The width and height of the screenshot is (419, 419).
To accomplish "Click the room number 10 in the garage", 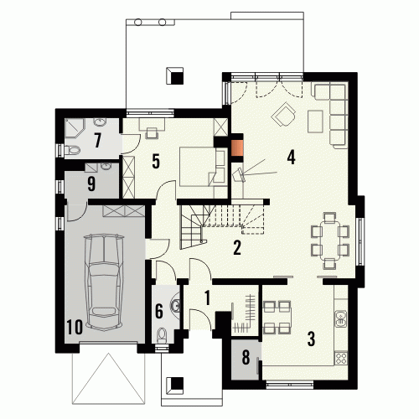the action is pyautogui.click(x=75, y=327).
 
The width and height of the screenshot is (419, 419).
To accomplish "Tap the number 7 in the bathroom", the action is pyautogui.click(x=97, y=140).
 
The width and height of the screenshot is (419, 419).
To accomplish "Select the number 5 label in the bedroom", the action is pyautogui.click(x=156, y=161).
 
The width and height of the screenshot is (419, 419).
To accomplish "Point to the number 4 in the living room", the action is pyautogui.click(x=291, y=157).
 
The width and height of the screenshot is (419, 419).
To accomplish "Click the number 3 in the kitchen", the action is pyautogui.click(x=311, y=339).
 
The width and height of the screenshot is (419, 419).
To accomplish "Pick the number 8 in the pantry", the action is pyautogui.click(x=246, y=357).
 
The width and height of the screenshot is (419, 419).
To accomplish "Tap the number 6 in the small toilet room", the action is pyautogui.click(x=159, y=311).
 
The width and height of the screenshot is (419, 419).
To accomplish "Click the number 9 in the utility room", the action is pyautogui.click(x=91, y=184).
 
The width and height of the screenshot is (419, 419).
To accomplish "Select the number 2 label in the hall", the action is pyautogui.click(x=237, y=247).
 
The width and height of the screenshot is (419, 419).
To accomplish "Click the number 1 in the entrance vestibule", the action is pyautogui.click(x=207, y=297).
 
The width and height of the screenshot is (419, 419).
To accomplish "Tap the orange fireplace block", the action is pyautogui.click(x=237, y=147).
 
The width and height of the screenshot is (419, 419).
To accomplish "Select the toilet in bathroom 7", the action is pyautogui.click(x=72, y=150).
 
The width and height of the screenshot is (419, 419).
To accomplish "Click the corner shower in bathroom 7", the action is pyautogui.click(x=75, y=128).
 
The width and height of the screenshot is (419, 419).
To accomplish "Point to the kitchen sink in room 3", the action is pyautogui.click(x=341, y=319).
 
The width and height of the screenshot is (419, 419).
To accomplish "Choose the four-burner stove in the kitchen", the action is pyautogui.click(x=341, y=358).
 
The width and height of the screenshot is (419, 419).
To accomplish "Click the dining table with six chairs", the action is pyautogui.click(x=330, y=241).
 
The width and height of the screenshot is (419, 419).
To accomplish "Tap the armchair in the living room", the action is pyautogui.click(x=283, y=115).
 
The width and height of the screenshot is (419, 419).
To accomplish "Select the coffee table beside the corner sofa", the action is pyautogui.click(x=315, y=122).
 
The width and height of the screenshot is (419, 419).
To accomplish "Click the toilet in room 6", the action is pyautogui.click(x=162, y=335).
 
